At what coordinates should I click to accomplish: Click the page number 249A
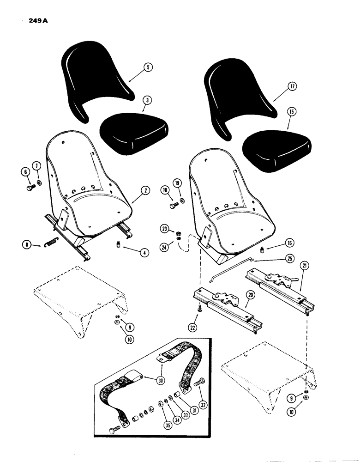coord(29,21)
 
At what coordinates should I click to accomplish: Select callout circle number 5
coord(148,67)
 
